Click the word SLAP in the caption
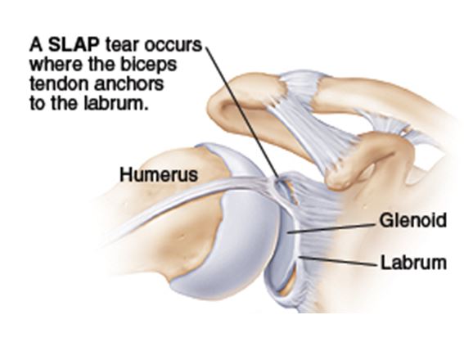click(x=74, y=45)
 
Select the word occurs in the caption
click(x=173, y=45)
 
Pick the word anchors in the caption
click(x=128, y=84)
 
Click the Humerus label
click(x=159, y=174)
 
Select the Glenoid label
click(x=413, y=220)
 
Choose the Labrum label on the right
click(x=413, y=263)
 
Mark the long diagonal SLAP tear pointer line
click(x=242, y=113)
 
